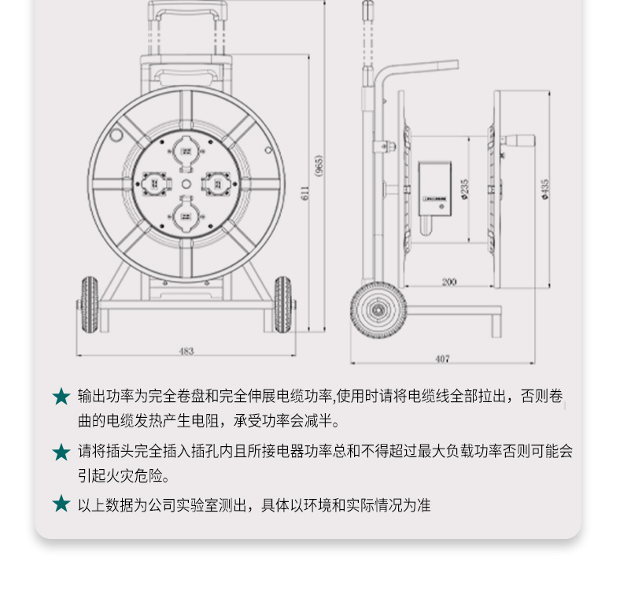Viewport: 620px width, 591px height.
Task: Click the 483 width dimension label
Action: point(186,351)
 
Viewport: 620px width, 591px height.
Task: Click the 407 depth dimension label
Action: point(442,359)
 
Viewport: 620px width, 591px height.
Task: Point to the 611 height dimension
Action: point(304,193)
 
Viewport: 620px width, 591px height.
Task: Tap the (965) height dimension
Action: point(319,165)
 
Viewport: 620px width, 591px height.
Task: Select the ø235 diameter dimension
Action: point(464,189)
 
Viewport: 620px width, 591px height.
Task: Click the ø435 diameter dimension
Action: point(545,189)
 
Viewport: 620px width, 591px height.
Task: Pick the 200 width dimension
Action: point(448,282)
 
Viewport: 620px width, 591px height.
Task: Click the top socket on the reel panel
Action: point(186,153)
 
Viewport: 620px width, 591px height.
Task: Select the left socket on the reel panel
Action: point(156,184)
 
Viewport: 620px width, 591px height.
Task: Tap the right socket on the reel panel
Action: point(217,184)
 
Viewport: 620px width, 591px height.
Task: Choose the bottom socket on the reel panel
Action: point(186,216)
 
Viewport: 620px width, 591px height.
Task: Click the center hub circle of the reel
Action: point(186,184)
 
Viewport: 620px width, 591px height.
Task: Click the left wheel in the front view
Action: point(90,305)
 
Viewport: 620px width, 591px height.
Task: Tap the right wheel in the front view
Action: point(282,305)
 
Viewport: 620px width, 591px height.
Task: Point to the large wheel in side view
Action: point(378,310)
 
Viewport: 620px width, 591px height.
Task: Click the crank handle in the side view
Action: point(518,140)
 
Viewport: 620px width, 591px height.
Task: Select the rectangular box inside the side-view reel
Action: point(435,189)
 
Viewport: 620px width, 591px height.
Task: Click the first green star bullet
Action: point(61,397)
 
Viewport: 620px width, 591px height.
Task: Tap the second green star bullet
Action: point(61,452)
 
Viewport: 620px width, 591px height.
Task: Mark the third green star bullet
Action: point(61,504)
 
